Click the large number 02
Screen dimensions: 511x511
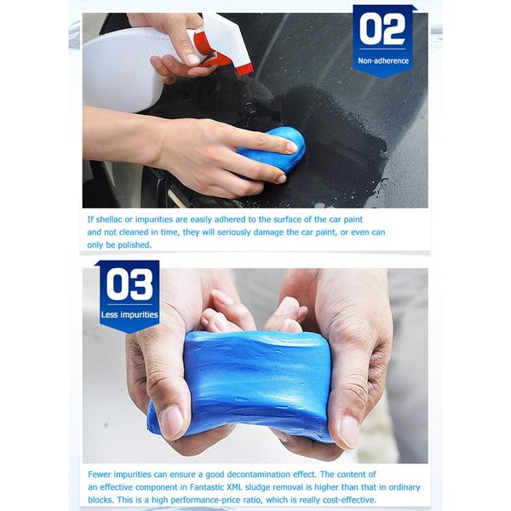coord(382,30)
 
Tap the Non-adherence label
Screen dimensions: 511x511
coord(383,61)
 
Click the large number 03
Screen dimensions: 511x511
coord(129,285)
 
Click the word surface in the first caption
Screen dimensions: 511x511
coord(299,219)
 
